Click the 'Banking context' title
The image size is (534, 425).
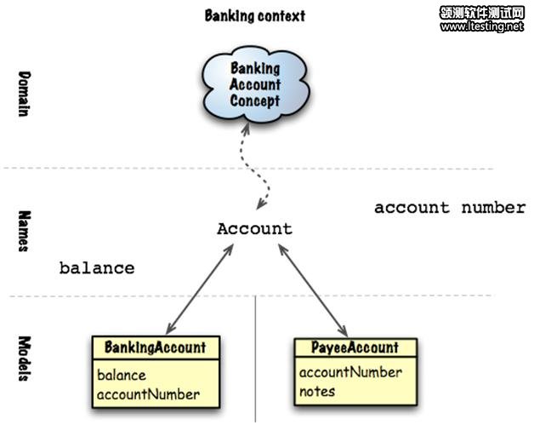254,15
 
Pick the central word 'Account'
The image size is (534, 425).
254,228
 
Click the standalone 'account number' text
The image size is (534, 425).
450,207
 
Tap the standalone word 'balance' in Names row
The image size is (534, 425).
96,267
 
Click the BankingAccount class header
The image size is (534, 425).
155,347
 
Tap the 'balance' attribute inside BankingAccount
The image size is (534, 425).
121,375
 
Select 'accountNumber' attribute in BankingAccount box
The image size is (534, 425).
148,393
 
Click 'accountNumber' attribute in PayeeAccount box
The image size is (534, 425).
350,372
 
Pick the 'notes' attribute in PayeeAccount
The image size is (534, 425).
316,392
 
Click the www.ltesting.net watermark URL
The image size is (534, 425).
481,26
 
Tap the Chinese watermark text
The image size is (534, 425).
481,12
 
